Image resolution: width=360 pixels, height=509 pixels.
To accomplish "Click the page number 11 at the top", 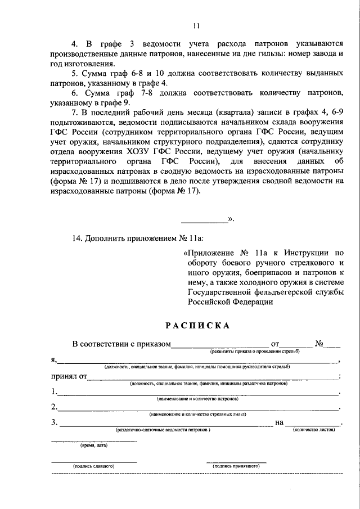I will click(196, 25).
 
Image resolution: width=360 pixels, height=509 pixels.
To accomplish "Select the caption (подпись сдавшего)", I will click(93, 466).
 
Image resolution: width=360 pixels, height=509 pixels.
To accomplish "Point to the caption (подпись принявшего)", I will click(235, 466).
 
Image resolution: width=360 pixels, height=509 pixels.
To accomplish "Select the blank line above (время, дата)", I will click(93, 441).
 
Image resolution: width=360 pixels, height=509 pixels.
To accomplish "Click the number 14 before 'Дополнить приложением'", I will click(77, 237).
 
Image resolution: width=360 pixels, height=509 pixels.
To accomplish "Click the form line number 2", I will click(53, 407).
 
